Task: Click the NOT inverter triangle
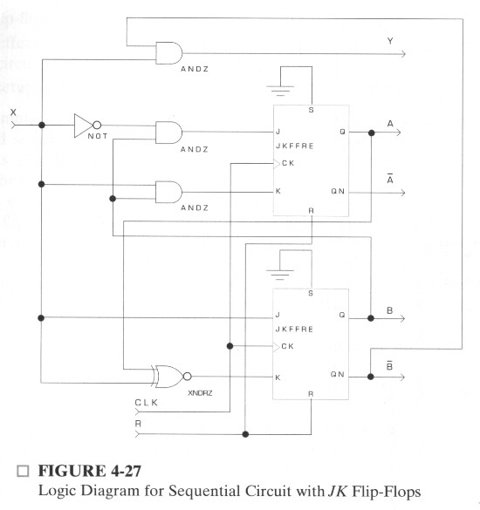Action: (x=84, y=126)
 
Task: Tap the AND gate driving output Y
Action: (x=169, y=53)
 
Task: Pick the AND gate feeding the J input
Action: (x=169, y=133)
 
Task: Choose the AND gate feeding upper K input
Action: (x=169, y=192)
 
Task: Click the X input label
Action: (x=13, y=112)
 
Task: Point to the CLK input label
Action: (x=147, y=403)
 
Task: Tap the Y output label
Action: (x=390, y=41)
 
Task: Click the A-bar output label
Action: (x=390, y=179)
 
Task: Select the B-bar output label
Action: (x=389, y=365)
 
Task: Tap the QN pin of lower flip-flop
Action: (x=338, y=374)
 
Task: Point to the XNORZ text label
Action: (x=200, y=393)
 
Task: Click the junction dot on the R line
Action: (x=245, y=434)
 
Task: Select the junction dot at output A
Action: (x=371, y=133)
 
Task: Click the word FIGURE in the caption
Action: (x=72, y=471)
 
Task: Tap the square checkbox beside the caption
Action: (x=23, y=471)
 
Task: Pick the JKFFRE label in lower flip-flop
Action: (x=294, y=330)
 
